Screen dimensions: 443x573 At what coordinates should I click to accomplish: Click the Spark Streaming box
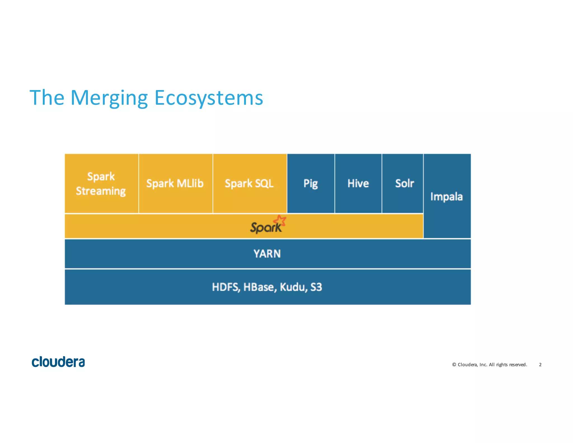pos(101,183)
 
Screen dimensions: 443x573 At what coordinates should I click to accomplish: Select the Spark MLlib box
pos(175,183)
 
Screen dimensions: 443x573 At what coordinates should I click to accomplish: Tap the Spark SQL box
pos(249,183)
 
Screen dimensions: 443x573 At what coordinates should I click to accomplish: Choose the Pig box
pos(311,183)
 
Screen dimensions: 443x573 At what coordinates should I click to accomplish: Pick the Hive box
pos(358,183)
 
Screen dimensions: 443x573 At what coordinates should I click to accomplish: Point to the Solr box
pos(404,183)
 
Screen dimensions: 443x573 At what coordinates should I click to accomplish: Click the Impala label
pos(447,197)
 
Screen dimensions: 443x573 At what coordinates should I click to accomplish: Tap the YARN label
pos(267,254)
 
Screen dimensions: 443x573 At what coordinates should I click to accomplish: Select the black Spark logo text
pos(265,227)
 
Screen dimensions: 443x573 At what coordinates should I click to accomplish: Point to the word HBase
pos(259,287)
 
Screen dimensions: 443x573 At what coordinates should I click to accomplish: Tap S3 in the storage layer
pos(316,287)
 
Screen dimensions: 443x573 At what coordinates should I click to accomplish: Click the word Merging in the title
pos(109,98)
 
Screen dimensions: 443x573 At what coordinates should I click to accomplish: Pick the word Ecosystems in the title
pos(209,98)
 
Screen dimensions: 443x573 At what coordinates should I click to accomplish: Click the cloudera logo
pos(58,362)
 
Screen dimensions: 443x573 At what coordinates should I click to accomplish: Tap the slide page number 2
pos(540,365)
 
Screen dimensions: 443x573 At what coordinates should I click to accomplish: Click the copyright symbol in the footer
pos(454,365)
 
